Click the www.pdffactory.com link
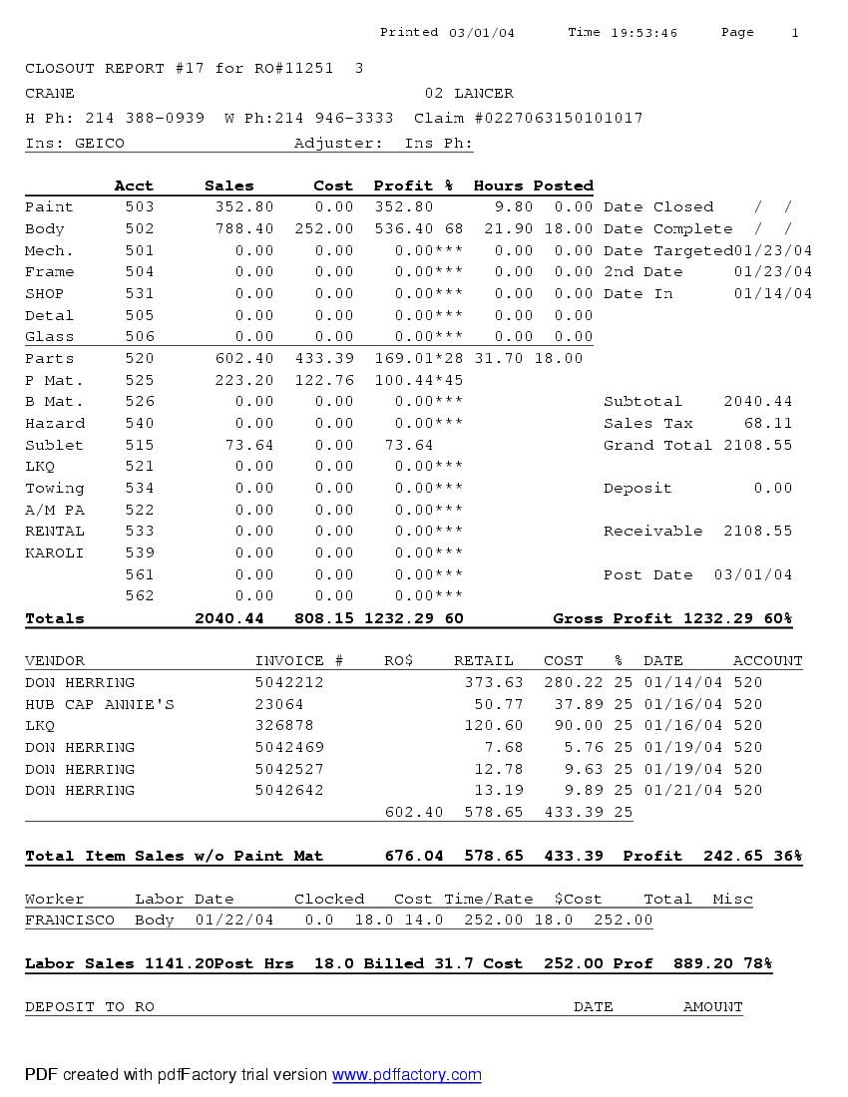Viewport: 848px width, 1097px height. (406, 1075)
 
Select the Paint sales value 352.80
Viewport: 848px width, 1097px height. (243, 207)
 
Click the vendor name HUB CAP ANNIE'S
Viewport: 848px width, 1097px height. (100, 705)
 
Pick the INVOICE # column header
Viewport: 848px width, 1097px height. (299, 661)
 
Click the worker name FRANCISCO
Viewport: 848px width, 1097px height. (70, 920)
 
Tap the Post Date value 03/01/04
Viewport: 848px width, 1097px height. (753, 575)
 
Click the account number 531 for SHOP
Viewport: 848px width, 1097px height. (140, 294)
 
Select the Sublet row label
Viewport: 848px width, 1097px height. (54, 446)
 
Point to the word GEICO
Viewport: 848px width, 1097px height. (100, 144)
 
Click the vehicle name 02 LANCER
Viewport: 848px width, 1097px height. (469, 94)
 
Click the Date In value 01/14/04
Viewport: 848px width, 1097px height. (772, 294)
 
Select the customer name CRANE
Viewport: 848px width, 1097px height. (50, 94)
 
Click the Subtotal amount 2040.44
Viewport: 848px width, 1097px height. (757, 402)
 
